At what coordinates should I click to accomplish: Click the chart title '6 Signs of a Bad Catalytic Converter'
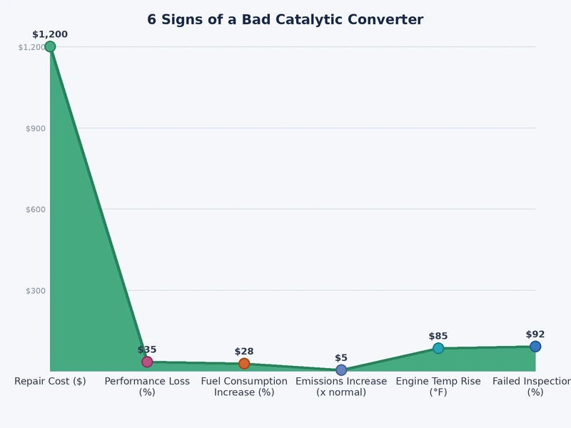tap(285, 20)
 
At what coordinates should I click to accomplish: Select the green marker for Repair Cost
tap(50, 46)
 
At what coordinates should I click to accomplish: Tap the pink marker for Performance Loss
tap(147, 362)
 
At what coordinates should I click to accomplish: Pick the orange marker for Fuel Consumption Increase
tap(244, 364)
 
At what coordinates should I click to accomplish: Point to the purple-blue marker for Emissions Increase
tap(341, 370)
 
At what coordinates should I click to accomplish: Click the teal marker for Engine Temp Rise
tap(438, 348)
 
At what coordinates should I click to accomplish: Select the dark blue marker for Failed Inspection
tap(535, 347)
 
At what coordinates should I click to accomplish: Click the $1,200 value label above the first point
tap(50, 34)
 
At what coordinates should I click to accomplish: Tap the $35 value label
tap(147, 350)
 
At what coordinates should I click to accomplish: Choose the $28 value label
tap(244, 352)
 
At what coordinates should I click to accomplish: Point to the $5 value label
tap(341, 358)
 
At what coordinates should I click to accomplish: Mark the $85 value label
tap(438, 336)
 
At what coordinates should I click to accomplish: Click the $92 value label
tap(535, 335)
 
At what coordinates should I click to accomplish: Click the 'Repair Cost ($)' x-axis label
tap(50, 382)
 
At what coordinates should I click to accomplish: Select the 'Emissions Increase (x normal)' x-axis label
tap(341, 387)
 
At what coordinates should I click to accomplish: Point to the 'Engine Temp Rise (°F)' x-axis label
tap(438, 387)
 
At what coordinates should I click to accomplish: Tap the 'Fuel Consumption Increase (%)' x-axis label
tap(244, 387)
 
